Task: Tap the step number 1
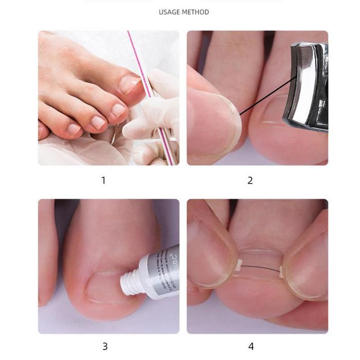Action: [103, 180]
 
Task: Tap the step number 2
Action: [250, 180]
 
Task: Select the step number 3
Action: [105, 346]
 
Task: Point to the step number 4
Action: [251, 346]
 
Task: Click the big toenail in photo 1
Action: [128, 83]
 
